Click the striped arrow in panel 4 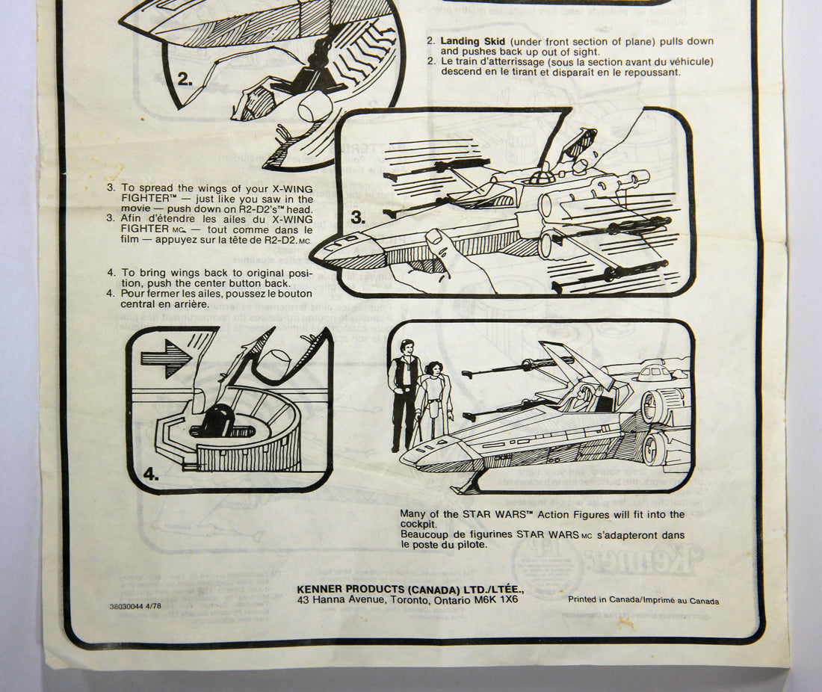pos(166,358)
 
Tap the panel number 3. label pos(358,218)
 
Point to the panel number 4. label pos(150,472)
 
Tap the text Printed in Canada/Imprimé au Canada pos(643,600)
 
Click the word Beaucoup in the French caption pos(424,535)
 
